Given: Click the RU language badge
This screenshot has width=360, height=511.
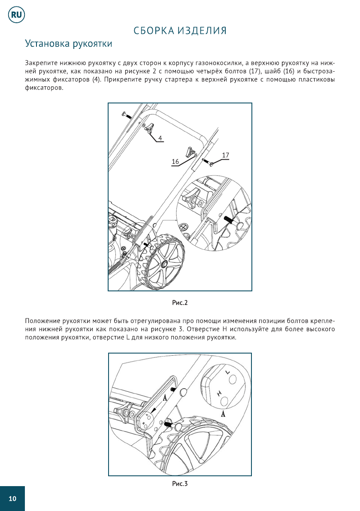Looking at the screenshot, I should click(16, 15).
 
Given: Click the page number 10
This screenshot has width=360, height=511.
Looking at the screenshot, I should click(12, 499).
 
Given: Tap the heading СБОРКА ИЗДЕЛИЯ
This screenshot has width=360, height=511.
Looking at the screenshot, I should click(180, 30).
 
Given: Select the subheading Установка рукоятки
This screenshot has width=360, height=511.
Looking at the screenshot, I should click(69, 44).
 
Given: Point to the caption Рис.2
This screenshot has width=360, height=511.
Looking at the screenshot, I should click(180, 302).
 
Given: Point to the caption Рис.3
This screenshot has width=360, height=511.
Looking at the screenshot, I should click(180, 484).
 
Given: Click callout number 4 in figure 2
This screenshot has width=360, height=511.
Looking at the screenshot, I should click(160, 138).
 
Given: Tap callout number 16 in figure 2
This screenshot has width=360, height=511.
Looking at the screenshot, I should click(175, 161).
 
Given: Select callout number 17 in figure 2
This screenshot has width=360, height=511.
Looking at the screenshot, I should click(225, 154).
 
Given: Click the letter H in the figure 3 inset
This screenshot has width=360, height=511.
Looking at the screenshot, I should click(219, 393).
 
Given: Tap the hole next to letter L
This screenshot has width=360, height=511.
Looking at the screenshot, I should click(233, 380).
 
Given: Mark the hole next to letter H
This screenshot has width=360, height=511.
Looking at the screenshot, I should click(224, 400).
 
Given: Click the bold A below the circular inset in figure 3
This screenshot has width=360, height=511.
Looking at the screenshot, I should click(223, 415).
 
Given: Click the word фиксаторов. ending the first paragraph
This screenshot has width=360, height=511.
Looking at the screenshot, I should click(44, 88).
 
